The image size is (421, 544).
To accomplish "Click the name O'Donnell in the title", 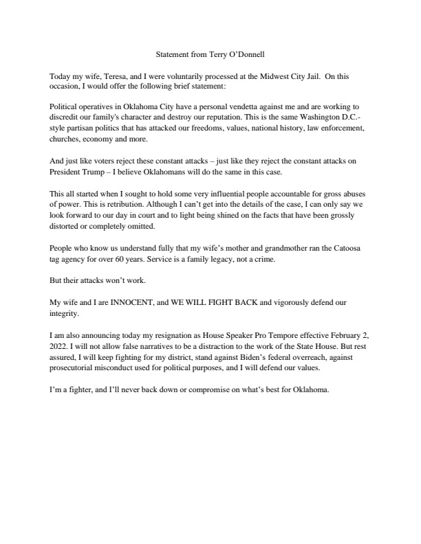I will click(x=242, y=54).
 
